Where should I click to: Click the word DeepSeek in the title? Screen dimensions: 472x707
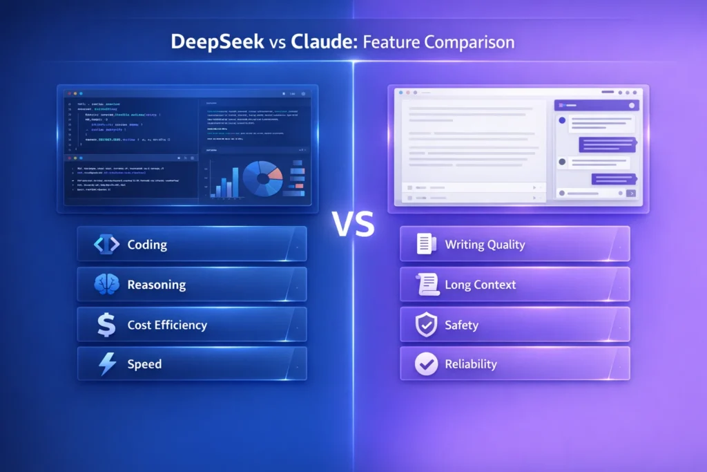(217, 42)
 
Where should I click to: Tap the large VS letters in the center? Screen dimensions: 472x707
(353, 225)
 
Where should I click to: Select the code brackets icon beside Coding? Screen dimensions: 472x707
(106, 245)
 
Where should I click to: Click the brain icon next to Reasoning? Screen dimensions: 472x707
(106, 285)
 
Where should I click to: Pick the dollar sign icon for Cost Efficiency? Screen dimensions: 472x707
(106, 325)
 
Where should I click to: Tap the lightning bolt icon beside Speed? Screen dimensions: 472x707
(107, 364)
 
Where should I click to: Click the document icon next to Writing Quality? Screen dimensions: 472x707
(426, 245)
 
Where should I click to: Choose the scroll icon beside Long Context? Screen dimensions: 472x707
(426, 285)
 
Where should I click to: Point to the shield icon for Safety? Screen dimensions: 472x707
(426, 325)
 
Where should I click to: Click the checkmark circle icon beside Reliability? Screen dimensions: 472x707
(426, 364)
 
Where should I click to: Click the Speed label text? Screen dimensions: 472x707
(144, 364)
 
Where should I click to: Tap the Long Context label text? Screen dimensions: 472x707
(481, 285)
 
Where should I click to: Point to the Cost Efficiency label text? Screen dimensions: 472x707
(167, 325)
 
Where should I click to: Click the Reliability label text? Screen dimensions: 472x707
(471, 364)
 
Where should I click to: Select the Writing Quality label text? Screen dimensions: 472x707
(485, 245)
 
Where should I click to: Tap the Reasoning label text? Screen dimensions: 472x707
(157, 285)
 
